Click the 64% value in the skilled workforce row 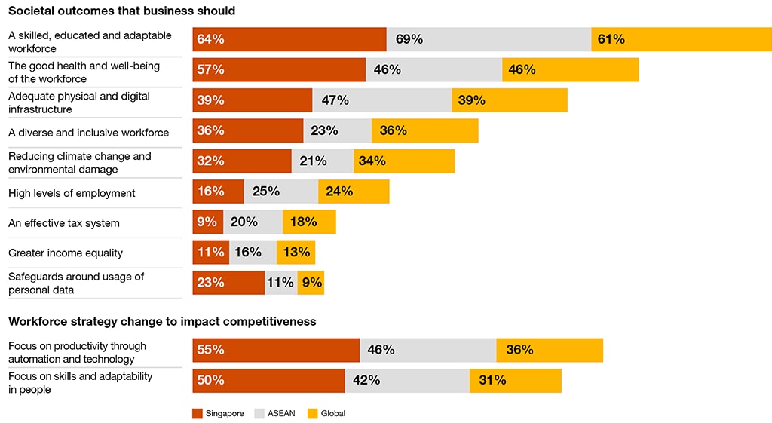click(x=210, y=40)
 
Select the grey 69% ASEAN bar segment click(x=489, y=40)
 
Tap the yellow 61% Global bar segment click(x=681, y=40)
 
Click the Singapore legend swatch click(x=198, y=413)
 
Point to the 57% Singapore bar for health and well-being click(x=279, y=70)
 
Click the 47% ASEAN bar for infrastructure click(x=381, y=100)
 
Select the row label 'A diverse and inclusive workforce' click(x=89, y=133)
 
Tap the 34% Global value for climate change click(x=372, y=161)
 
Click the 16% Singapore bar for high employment click(x=218, y=192)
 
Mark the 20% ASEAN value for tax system click(x=244, y=222)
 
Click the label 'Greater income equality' click(x=66, y=253)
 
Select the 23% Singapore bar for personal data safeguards click(x=228, y=283)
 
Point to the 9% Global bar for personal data click(x=311, y=283)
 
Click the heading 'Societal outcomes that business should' click(x=121, y=11)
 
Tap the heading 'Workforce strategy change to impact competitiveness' click(x=162, y=322)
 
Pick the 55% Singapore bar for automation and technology click(x=276, y=350)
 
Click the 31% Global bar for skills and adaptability click(x=515, y=380)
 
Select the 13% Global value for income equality click(x=296, y=253)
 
